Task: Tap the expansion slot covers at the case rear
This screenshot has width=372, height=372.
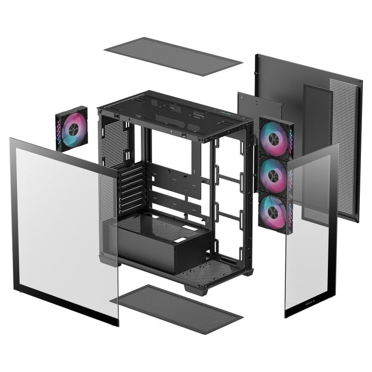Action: coord(131,189)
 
